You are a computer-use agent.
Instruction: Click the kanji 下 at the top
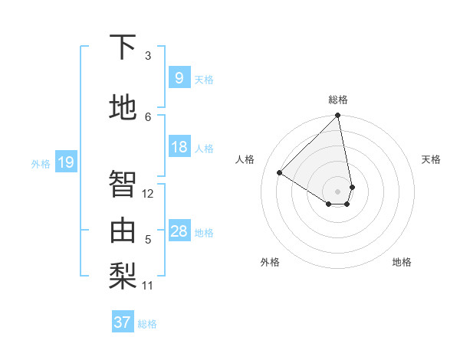(x=123, y=47)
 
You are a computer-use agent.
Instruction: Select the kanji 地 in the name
(x=123, y=109)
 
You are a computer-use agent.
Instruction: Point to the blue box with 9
(x=179, y=78)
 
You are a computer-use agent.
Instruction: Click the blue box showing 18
(x=179, y=147)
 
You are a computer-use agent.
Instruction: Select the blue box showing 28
(x=179, y=231)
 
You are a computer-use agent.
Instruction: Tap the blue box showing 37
(x=122, y=322)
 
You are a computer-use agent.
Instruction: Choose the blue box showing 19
(x=65, y=162)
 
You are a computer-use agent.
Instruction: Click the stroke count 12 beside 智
(x=148, y=194)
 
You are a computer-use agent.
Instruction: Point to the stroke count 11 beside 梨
(x=148, y=286)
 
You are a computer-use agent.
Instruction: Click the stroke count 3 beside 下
(x=148, y=56)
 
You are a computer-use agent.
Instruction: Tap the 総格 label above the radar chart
(x=338, y=100)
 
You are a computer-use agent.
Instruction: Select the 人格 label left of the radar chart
(x=245, y=159)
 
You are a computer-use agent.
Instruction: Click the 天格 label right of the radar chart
(x=431, y=159)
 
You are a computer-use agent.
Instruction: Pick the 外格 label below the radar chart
(x=270, y=262)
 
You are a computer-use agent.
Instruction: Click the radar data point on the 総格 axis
(x=338, y=116)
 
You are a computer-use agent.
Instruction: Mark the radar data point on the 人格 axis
(x=280, y=172)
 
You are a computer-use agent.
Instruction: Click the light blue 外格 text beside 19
(x=41, y=163)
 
